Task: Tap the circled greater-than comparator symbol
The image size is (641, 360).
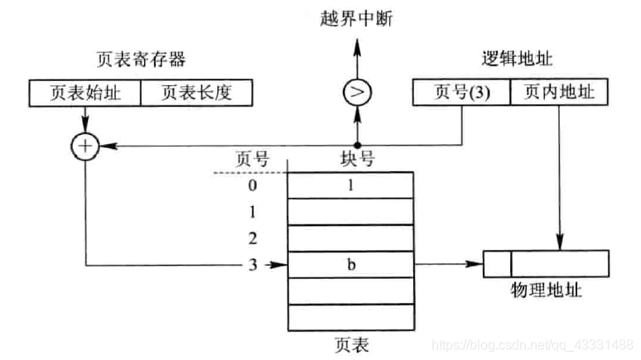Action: (358, 93)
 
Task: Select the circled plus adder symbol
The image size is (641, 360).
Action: (84, 146)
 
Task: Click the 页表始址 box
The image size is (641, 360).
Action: (84, 93)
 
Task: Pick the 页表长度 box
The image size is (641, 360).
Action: (195, 93)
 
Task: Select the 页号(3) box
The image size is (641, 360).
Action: (460, 93)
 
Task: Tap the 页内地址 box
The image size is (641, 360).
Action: (559, 93)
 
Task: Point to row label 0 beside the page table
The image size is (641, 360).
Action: (253, 185)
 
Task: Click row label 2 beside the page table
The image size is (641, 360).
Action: (253, 238)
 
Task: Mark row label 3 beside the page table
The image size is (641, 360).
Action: (253, 265)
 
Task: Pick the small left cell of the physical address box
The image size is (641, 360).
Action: (497, 265)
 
